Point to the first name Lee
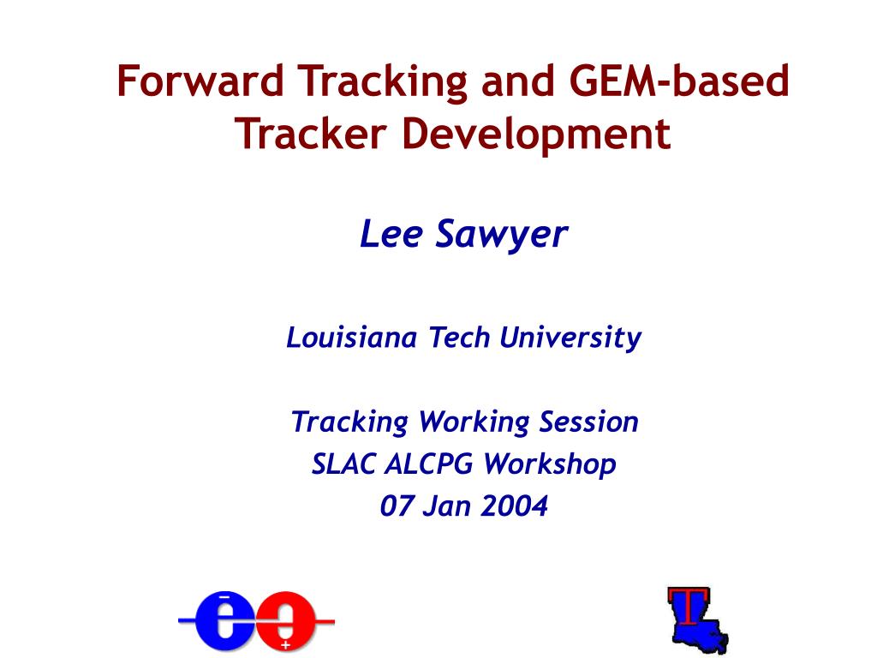point(391,234)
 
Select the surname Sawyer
point(501,234)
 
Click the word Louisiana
point(351,338)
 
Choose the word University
point(570,338)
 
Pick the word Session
point(589,422)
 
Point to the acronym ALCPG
point(428,464)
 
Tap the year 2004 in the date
point(513,506)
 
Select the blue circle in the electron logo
point(224,620)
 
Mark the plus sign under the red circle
point(285,644)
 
